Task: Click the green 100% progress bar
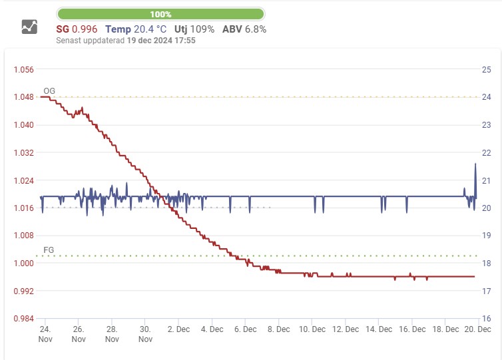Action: [160, 14]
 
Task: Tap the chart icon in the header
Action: [29, 27]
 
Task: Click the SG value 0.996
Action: [85, 29]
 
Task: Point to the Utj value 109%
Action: [202, 29]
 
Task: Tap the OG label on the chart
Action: [49, 90]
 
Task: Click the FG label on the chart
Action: [49, 250]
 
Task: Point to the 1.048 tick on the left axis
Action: [23, 97]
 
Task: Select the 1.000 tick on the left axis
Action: [23, 264]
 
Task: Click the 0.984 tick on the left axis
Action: [23, 319]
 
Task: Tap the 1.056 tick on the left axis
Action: [23, 69]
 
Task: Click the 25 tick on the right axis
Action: [486, 69]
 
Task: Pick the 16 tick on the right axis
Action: [486, 319]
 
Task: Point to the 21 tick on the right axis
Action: [486, 180]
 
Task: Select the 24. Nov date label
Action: [45, 334]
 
